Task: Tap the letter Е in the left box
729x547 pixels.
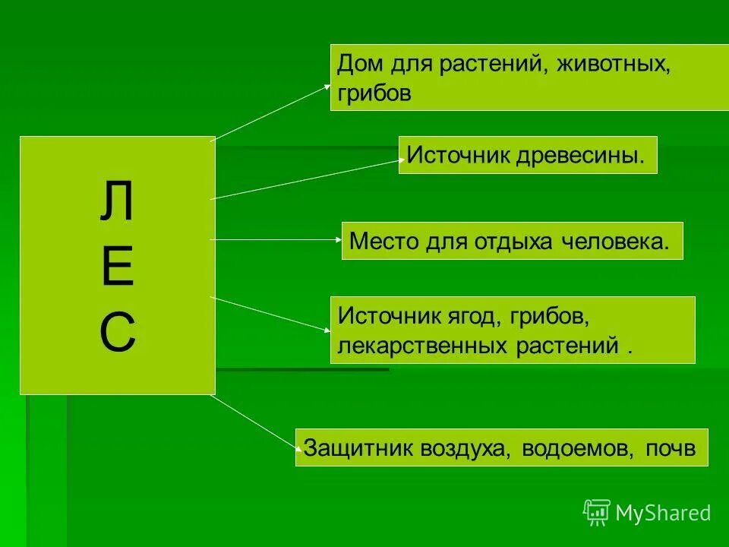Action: click(117, 267)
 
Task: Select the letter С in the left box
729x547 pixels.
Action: click(117, 332)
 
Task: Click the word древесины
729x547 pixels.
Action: click(582, 156)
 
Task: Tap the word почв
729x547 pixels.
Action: click(671, 447)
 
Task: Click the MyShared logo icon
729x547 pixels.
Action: click(596, 513)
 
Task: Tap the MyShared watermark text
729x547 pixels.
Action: click(663, 514)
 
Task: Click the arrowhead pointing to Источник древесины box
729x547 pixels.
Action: click(400, 160)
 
